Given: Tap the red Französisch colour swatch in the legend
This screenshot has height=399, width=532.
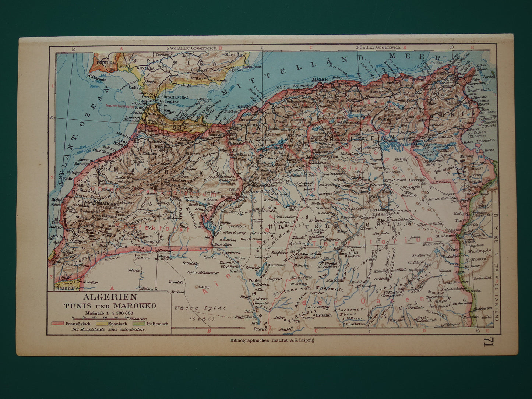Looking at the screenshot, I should pyautogui.click(x=58, y=324).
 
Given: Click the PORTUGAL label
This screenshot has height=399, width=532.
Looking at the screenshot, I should pyautogui.click(x=107, y=63).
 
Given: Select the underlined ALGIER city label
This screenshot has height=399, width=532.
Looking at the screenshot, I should pyautogui.click(x=319, y=79).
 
